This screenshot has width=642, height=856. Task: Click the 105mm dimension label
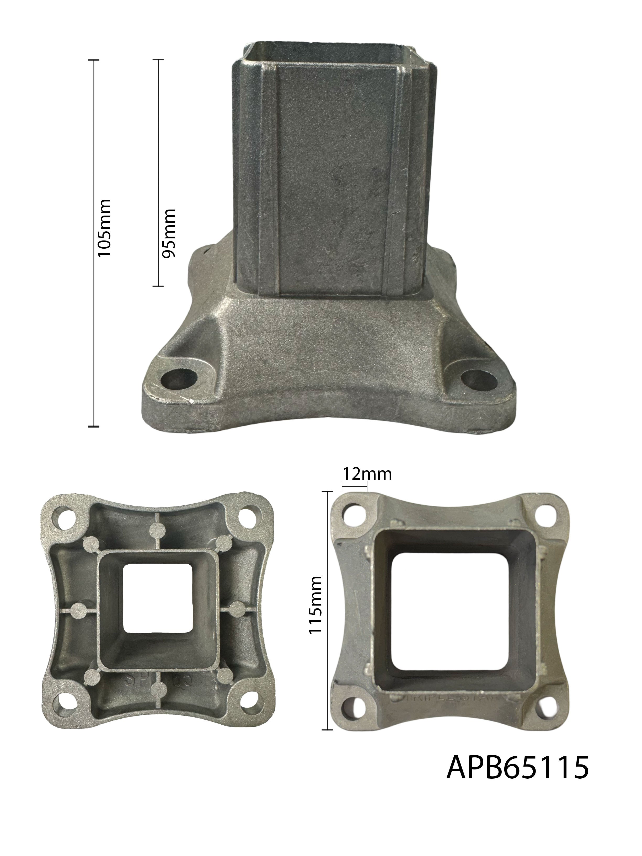104,228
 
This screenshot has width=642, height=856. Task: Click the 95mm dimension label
169,233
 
